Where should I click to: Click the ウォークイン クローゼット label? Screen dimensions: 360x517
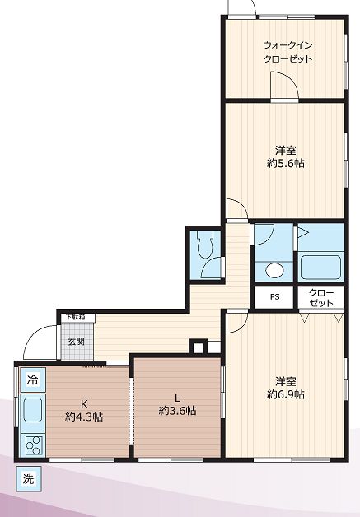point(288,52)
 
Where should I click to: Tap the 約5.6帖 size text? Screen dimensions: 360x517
point(285,163)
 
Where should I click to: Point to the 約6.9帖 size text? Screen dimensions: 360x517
point(285,394)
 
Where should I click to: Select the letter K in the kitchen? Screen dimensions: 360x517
point(84,403)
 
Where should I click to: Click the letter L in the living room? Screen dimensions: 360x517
point(177,398)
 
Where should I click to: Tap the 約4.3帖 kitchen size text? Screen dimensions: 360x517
point(84,417)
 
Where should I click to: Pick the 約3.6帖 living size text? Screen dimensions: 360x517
point(177,411)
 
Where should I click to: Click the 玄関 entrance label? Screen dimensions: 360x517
point(77,342)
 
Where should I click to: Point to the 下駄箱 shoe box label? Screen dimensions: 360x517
point(76,318)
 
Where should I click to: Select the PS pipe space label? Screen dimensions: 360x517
point(275,296)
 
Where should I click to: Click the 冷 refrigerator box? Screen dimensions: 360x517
point(32,380)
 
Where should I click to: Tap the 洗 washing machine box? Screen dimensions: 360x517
point(29,479)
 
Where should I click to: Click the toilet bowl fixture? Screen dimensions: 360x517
point(205,244)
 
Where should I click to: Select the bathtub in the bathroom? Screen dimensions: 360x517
point(320,267)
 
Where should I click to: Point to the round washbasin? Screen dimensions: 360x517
point(274,270)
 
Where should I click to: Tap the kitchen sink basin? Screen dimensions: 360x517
point(33,409)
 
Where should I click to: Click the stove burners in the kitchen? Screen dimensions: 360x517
point(34,445)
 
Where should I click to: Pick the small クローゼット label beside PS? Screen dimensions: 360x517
point(321,298)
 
